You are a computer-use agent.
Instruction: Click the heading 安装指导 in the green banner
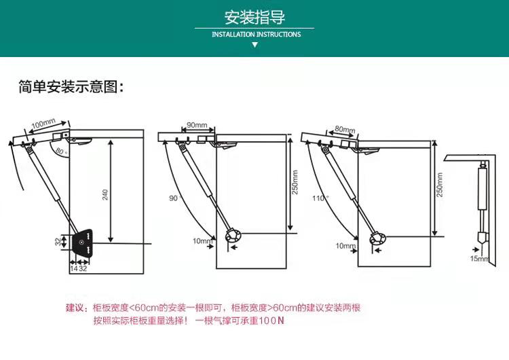coord(254,17)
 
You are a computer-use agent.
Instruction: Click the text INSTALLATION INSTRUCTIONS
coord(256,34)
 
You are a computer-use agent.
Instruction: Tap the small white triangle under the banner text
coord(254,45)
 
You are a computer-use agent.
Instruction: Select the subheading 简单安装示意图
coord(71,88)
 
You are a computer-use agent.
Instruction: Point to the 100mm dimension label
coord(43,124)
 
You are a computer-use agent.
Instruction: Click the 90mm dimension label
coord(197,125)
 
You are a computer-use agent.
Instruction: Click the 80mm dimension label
coord(345,129)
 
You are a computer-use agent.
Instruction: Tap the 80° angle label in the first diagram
coord(60,151)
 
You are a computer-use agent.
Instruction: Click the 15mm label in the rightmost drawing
coord(479,259)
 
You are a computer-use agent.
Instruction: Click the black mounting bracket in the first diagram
coord(81,241)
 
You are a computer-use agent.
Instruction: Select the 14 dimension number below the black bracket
coord(73,269)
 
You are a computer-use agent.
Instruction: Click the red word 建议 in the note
coord(75,308)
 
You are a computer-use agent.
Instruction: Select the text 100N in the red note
coord(271,320)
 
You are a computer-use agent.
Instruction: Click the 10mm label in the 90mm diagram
coord(202,240)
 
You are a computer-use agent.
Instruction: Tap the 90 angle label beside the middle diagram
coord(173,198)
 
